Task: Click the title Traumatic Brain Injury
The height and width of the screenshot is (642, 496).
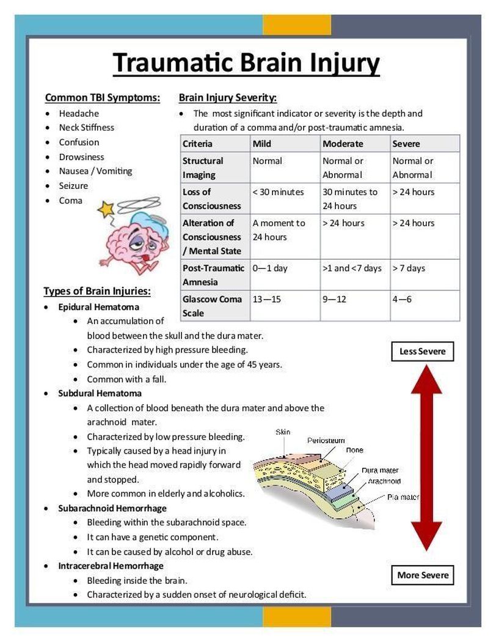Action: (246, 63)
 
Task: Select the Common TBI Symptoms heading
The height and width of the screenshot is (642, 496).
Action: (103, 97)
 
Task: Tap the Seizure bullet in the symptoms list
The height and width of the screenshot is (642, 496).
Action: (73, 186)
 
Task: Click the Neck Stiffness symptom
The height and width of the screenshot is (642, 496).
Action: (86, 127)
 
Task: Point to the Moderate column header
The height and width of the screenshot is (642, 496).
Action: (343, 144)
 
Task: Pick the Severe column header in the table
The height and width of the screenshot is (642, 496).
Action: (406, 144)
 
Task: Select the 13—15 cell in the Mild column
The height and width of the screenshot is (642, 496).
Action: (268, 299)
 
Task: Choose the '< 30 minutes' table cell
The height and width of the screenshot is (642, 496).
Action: (278, 192)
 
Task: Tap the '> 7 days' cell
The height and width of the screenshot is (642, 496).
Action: (409, 268)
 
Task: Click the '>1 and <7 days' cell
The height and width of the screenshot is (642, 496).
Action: (352, 268)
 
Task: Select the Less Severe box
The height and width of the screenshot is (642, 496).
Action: (422, 352)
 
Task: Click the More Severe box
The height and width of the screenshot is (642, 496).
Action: (423, 575)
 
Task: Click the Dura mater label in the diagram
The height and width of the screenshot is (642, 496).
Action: (380, 470)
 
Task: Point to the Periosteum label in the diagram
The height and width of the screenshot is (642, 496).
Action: (325, 440)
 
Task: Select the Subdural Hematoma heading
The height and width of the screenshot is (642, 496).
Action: (100, 393)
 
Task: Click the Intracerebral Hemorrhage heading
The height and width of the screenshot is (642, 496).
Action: (111, 566)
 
